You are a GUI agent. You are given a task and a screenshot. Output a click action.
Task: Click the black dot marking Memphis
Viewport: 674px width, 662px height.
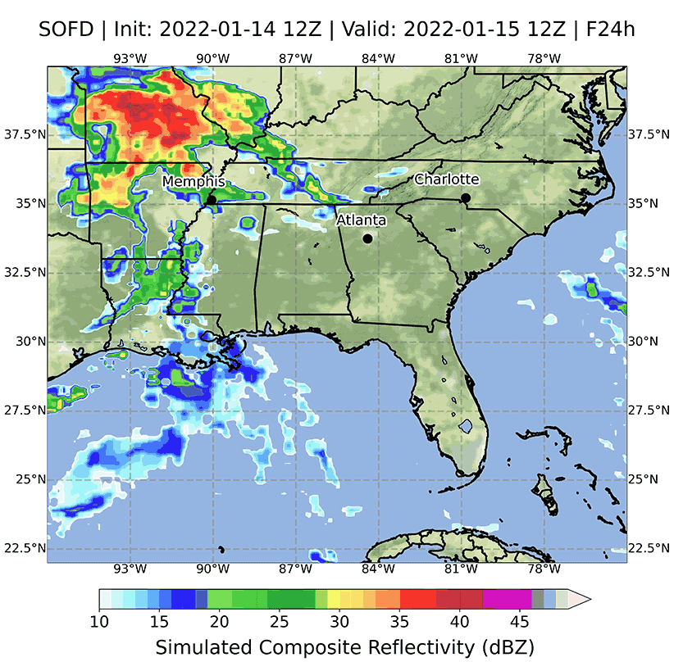pos(211,200)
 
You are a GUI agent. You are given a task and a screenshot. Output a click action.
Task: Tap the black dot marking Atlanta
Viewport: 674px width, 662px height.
pos(367,238)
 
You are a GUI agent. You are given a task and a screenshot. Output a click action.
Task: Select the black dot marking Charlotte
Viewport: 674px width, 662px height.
pos(465,197)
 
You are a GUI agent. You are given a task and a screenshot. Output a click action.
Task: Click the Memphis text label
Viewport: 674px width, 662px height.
pos(194,181)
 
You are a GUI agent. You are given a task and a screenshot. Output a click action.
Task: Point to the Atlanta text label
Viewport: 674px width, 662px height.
pos(362,220)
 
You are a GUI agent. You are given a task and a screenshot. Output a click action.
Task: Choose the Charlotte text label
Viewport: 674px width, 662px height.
pos(446,179)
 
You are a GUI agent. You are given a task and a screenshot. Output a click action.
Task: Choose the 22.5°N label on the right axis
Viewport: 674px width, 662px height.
pos(647,548)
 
